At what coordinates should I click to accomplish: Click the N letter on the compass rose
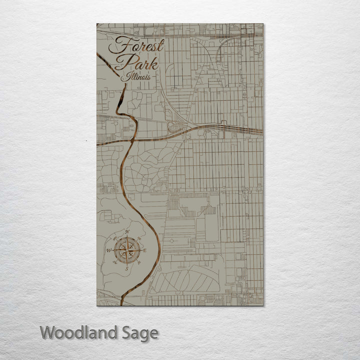(x=127, y=232)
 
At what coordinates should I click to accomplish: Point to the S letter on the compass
(x=126, y=268)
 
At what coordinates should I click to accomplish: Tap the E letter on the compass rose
(x=145, y=250)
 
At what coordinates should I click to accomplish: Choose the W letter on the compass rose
(x=108, y=250)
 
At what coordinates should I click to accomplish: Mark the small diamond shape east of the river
(x=172, y=241)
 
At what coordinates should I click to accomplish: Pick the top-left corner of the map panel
(x=97, y=24)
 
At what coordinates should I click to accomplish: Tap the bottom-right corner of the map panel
(x=263, y=305)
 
